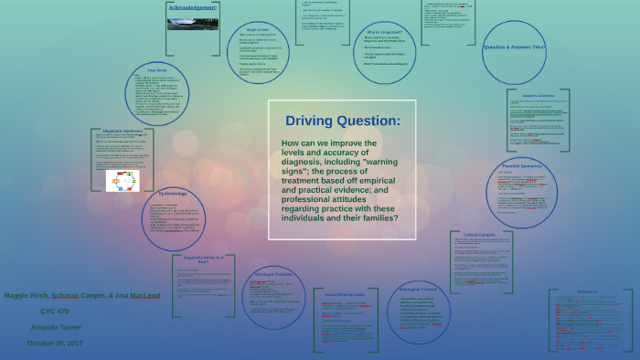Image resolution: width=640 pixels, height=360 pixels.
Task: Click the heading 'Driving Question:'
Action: (342, 121)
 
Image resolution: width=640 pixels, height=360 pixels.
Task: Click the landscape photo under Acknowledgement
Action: (192, 23)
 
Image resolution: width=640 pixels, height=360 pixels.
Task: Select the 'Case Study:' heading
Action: (157, 70)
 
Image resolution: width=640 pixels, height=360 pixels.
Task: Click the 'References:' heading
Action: (589, 292)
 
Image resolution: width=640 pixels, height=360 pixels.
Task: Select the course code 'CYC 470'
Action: (55, 312)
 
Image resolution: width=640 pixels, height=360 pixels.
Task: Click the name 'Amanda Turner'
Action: (56, 327)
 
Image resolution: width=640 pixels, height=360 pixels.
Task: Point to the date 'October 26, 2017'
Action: (55, 343)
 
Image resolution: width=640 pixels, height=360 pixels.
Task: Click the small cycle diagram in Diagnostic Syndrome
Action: (123, 181)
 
